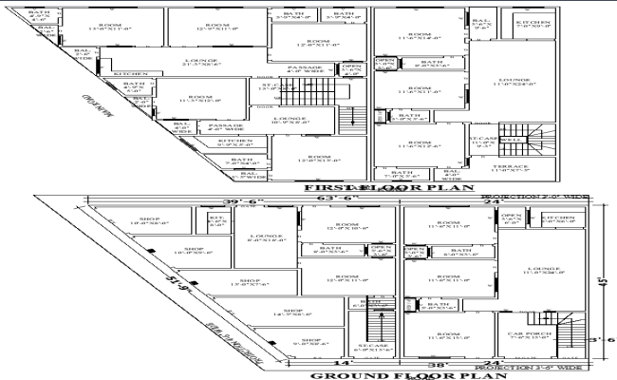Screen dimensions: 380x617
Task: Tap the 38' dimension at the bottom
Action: click(414, 363)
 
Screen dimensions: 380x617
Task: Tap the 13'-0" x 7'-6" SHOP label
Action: click(249, 282)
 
